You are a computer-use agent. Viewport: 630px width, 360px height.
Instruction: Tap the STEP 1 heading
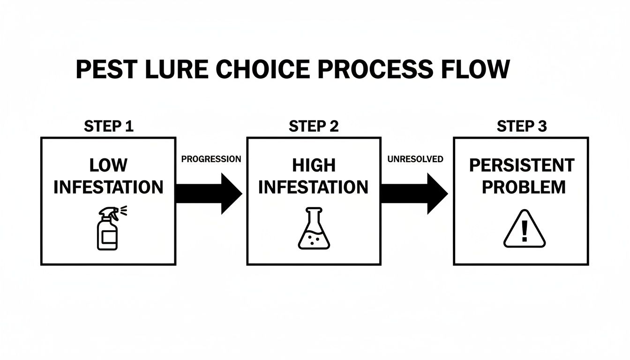108,126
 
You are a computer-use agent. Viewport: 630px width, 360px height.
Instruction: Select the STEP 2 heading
314,126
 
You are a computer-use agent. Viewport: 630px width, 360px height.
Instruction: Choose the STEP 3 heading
521,126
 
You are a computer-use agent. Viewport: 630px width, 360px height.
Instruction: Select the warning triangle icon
525,229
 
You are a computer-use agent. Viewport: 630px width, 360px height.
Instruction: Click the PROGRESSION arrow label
211,159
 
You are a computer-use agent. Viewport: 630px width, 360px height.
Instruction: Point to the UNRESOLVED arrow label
415,159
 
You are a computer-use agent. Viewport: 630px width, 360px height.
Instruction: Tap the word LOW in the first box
108,165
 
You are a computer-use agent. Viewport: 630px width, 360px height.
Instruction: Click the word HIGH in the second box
314,165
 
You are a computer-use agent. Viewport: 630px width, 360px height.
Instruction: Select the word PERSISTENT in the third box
521,165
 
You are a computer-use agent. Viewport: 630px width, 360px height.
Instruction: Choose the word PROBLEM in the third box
524,187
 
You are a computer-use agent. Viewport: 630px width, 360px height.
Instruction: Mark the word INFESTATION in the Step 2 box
314,187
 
